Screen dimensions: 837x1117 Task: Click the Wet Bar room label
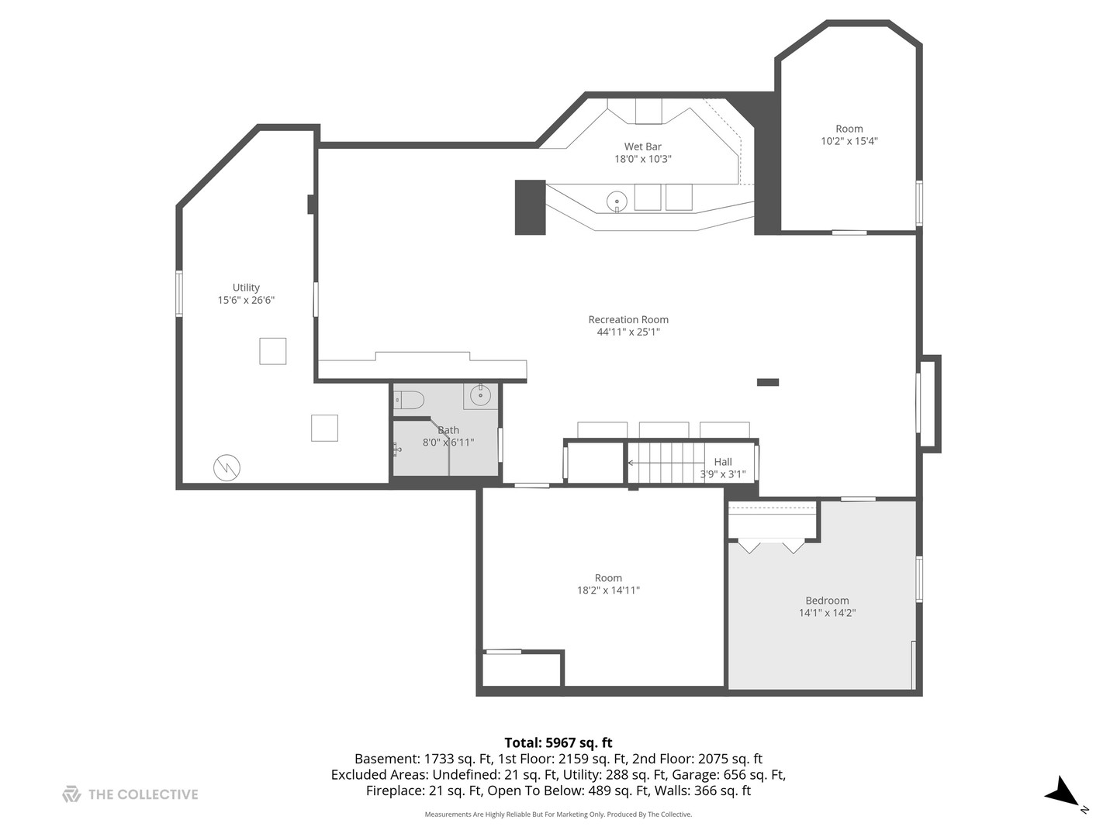point(642,146)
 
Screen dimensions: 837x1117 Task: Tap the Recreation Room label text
point(628,319)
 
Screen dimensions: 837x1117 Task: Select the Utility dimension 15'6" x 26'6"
point(246,300)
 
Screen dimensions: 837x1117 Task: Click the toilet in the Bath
point(410,400)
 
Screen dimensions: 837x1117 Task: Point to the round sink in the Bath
point(481,395)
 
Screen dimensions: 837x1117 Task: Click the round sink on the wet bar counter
point(617,201)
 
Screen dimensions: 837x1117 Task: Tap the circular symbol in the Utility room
point(227,467)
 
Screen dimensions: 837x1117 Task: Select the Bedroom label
point(827,601)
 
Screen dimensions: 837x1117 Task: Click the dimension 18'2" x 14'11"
point(608,591)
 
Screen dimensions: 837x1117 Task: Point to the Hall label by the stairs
point(723,462)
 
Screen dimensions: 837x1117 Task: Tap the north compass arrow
point(1061,793)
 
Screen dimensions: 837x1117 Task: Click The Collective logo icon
point(71,794)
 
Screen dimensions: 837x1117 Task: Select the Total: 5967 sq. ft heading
point(558,742)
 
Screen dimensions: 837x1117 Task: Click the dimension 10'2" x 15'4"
point(849,141)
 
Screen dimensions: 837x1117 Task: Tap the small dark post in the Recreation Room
point(767,382)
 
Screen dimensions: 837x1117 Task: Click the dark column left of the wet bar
point(531,207)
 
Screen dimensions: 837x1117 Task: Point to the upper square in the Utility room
point(272,351)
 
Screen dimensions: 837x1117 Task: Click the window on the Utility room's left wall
point(179,294)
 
